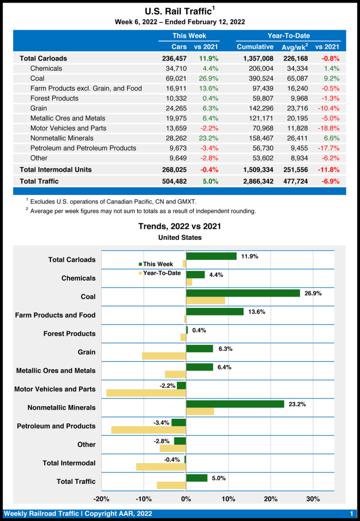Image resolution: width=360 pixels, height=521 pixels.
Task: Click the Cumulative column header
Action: pos(255,47)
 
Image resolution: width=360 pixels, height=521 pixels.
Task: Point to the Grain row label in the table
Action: pos(39,108)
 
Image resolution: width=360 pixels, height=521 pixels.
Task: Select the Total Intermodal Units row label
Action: pos(55,169)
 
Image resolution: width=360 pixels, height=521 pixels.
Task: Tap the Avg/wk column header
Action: pos(294,47)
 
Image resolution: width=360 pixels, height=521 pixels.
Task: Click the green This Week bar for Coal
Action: pos(243,293)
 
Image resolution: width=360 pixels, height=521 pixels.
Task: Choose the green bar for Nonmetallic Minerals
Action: pos(235,404)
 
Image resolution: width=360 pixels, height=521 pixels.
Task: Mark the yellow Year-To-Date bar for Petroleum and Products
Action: pos(148,430)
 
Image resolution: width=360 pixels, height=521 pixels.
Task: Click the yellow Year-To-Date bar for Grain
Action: pos(164,356)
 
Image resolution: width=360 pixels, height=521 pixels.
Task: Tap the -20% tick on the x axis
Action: pos(102,499)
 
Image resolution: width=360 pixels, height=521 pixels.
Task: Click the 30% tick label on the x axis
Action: pos(313,499)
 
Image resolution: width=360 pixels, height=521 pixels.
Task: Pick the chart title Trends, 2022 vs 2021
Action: pos(179,226)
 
